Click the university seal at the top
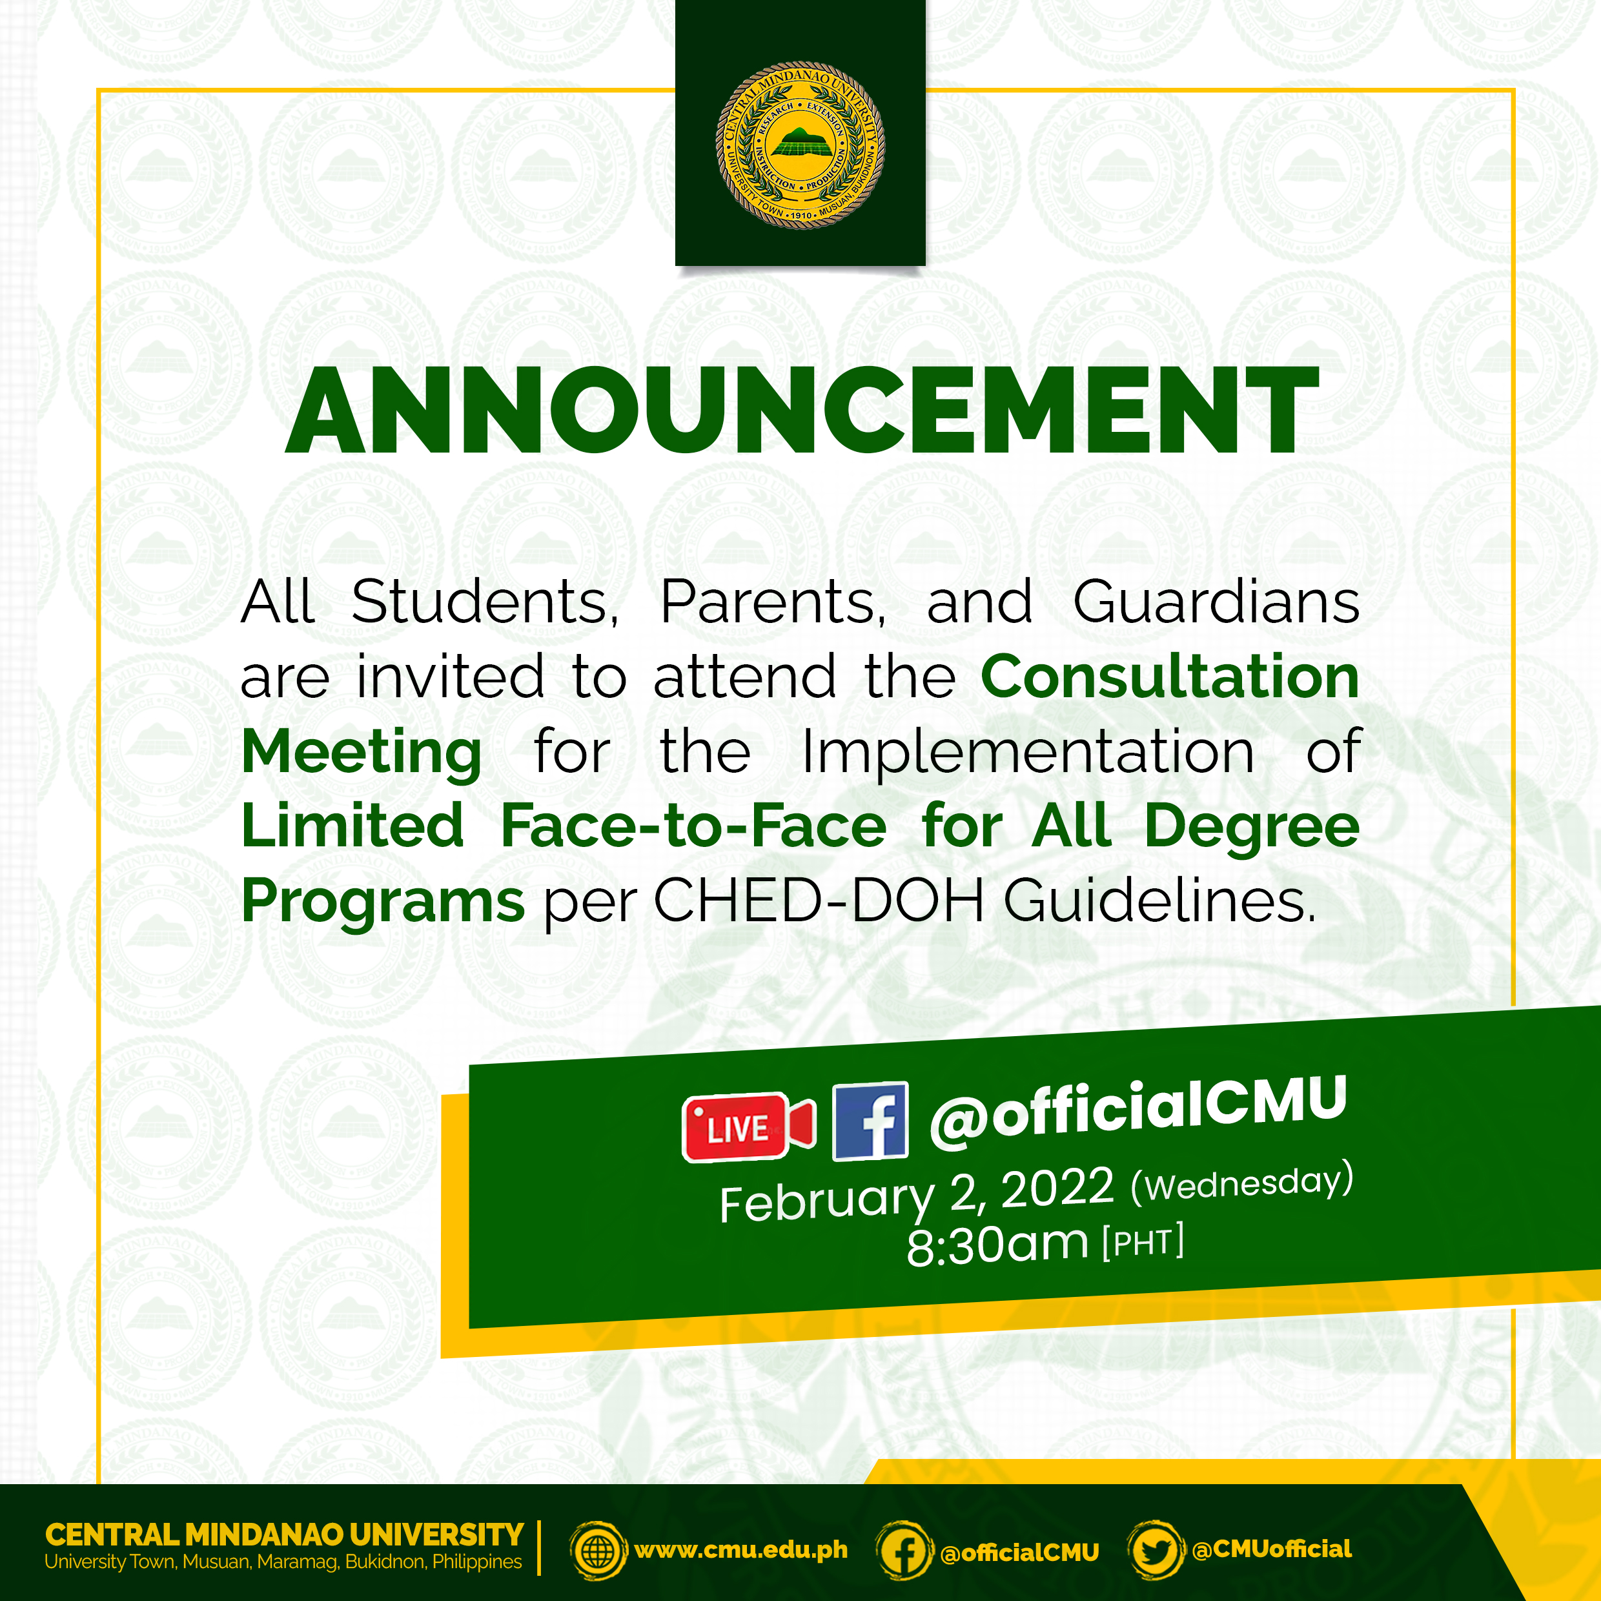point(800,145)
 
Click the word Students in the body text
point(484,602)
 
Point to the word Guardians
point(1216,602)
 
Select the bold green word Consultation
point(1169,676)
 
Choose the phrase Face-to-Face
point(693,826)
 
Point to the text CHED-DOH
point(819,900)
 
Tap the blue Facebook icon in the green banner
point(870,1121)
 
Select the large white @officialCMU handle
point(1137,1110)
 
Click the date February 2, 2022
point(915,1195)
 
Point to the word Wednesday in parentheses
point(1241,1183)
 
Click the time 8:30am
point(996,1245)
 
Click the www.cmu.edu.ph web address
point(741,1549)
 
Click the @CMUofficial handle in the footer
point(1271,1549)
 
